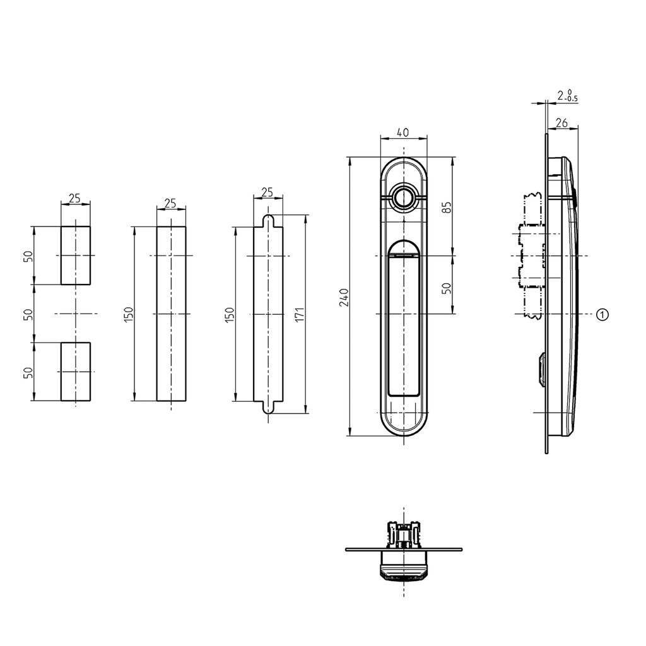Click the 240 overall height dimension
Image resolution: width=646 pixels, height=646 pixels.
tap(344, 297)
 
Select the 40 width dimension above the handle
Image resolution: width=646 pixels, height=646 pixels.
tap(404, 132)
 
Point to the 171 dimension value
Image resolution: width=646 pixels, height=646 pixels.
tap(300, 314)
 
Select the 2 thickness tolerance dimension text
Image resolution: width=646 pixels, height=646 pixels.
tap(567, 96)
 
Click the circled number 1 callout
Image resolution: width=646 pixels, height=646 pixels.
tap(602, 314)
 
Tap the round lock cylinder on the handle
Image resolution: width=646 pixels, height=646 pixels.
tap(404, 197)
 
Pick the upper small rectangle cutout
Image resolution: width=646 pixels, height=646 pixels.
tap(76, 255)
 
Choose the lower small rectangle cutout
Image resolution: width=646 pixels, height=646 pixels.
tap(76, 372)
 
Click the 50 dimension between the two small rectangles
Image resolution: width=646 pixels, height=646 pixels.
tap(28, 314)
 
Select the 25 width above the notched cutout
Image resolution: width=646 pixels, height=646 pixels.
tap(267, 192)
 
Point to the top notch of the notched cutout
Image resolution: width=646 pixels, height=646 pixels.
tap(268, 220)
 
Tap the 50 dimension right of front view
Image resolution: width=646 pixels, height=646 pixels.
tap(447, 288)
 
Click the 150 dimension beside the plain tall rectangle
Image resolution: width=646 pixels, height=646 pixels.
tap(129, 314)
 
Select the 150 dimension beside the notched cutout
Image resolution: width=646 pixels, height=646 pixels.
tap(229, 314)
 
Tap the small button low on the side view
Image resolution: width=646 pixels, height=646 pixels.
tap(541, 368)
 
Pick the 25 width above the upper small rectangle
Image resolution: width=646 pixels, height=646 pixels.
tap(75, 199)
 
